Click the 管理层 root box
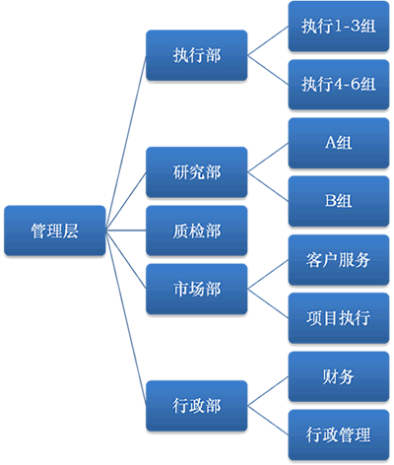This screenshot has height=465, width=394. click(x=55, y=231)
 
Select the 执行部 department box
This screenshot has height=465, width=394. click(x=196, y=55)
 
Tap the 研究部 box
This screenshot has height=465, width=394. click(x=196, y=172)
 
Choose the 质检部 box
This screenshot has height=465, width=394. click(x=196, y=231)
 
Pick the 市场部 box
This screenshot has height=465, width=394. click(x=196, y=289)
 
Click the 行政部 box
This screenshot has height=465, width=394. click(x=196, y=406)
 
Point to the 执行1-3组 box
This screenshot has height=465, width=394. click(x=339, y=27)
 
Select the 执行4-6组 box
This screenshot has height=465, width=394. click(x=339, y=85)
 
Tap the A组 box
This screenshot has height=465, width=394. click(x=339, y=143)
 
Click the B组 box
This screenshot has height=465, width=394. click(x=339, y=201)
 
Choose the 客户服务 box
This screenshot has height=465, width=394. click(x=339, y=260)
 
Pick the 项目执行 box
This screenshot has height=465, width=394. click(x=339, y=318)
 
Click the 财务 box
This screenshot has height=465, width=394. click(x=339, y=376)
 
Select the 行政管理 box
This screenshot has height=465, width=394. click(x=339, y=435)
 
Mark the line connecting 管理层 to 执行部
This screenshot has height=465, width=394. click(x=126, y=143)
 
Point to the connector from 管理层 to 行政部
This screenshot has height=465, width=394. click(x=126, y=318)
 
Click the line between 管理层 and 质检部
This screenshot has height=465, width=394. click(x=126, y=231)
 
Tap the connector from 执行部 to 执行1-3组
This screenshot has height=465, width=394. click(x=268, y=40)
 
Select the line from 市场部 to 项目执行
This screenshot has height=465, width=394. click(x=268, y=303)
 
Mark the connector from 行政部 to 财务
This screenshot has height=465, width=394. click(x=268, y=391)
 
